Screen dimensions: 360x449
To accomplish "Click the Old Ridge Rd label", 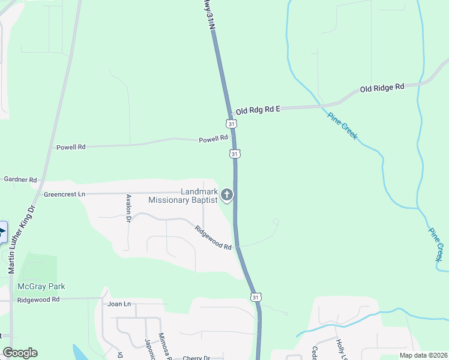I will [382, 88].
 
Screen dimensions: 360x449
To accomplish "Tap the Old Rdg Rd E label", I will [258, 110].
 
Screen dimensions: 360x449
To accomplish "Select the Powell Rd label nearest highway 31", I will [213, 139].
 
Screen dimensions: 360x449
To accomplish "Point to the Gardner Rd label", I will [20, 179].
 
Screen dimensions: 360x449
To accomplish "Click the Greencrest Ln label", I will [65, 194].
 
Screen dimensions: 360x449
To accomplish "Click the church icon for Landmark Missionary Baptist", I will [227, 194].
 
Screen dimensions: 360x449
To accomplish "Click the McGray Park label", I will [41, 286].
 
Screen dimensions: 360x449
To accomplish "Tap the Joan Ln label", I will [119, 304].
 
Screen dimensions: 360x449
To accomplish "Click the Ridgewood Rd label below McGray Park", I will [38, 299].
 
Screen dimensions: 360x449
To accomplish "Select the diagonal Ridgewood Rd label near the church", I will [213, 237].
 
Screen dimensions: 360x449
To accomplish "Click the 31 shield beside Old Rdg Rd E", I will [232, 124].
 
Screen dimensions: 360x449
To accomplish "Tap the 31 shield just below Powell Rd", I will [235, 154].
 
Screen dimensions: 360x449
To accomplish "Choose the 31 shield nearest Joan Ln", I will [256, 297].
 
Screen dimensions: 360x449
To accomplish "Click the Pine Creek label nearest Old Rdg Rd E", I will [342, 125].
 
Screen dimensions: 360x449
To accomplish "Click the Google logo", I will [20, 353].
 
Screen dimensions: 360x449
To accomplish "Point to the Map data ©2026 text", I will [422, 355].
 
